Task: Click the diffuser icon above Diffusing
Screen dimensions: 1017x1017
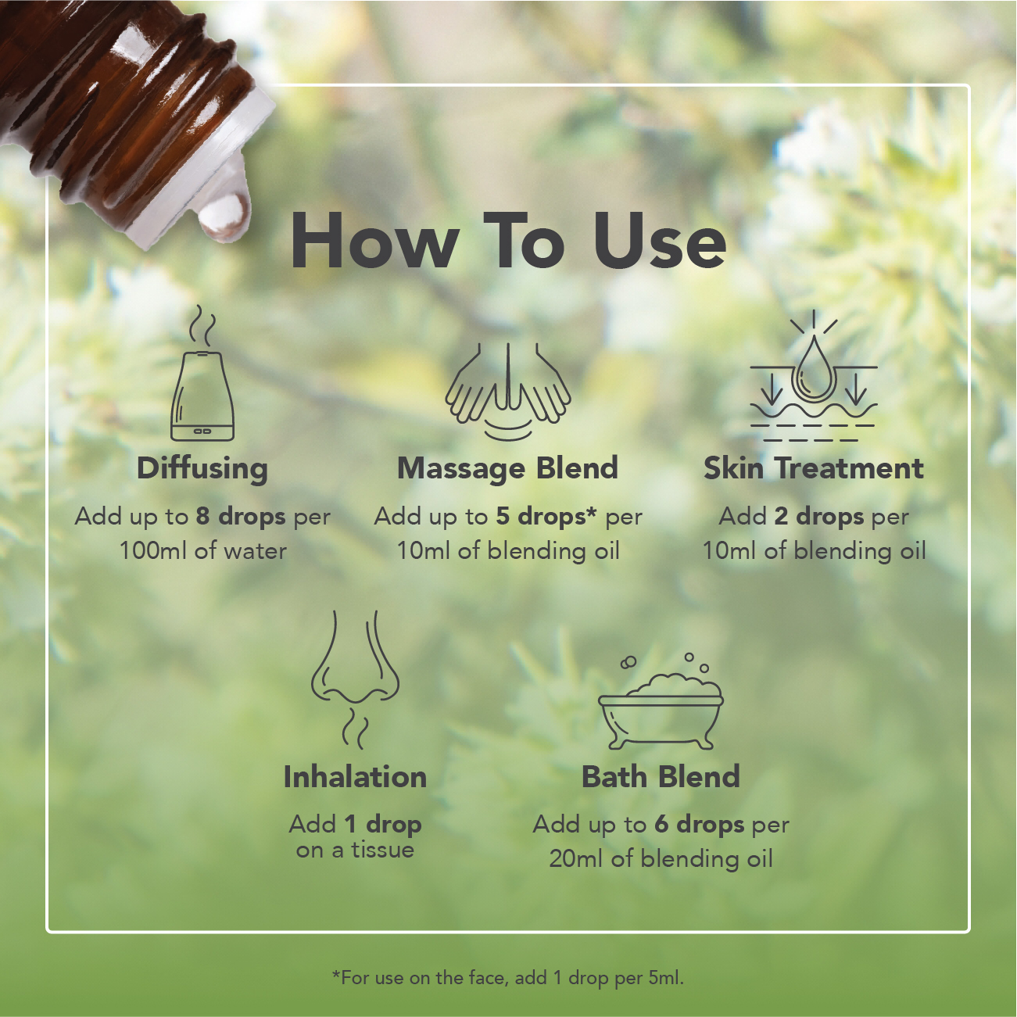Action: coord(202,380)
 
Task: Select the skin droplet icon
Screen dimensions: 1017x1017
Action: coord(813,376)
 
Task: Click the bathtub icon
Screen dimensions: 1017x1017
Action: coord(661,702)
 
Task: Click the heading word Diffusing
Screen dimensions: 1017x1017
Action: coord(202,469)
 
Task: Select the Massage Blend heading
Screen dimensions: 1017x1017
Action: coord(507,468)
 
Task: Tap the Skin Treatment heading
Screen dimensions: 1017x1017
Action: coord(813,468)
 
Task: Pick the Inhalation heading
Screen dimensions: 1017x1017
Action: coord(355,777)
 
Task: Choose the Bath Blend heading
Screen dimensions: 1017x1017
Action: coord(661,777)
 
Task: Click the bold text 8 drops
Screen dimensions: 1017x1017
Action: coord(241,517)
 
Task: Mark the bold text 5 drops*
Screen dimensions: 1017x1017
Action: coord(546,517)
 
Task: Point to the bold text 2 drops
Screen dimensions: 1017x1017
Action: coord(819,517)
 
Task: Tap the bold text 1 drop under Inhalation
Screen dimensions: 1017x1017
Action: coord(383,825)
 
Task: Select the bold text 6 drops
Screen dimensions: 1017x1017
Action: coord(700,825)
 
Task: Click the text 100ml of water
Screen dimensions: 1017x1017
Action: coord(203,551)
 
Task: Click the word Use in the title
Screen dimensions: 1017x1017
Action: coord(659,241)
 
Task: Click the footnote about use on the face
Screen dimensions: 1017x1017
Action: coord(507,978)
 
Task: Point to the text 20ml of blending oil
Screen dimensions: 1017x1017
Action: coord(661,859)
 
